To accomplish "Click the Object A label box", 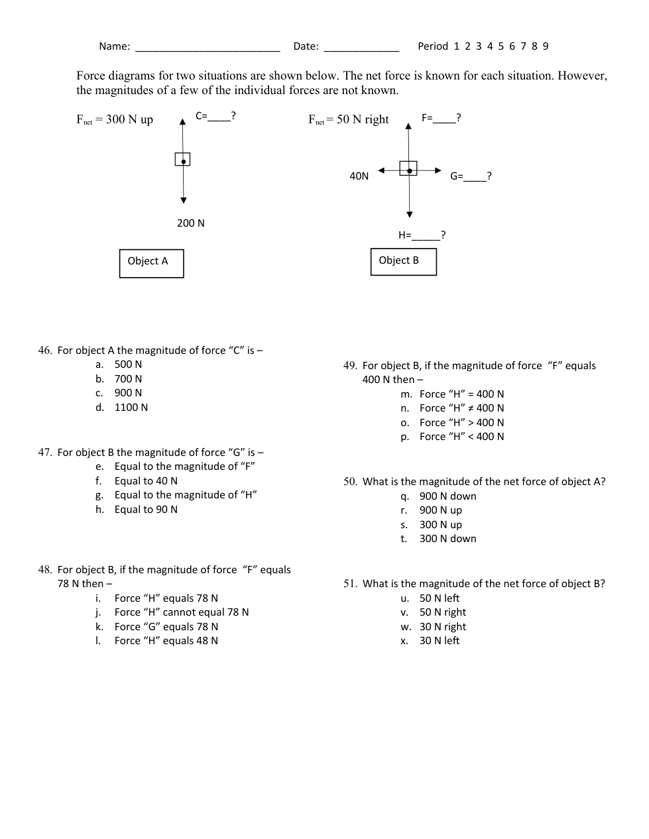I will point(151,263).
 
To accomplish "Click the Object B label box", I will point(403,261).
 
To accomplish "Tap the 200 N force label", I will point(191,223).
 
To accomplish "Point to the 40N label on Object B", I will point(359,176).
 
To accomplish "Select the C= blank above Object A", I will point(219,117).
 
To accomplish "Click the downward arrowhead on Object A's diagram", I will point(184,200).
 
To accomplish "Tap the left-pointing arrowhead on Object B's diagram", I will point(382,170).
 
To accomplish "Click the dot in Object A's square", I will point(182,160).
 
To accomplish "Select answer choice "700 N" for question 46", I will point(128,379).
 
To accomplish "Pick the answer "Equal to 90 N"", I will point(146,510).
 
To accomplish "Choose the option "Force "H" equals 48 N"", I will point(166,641).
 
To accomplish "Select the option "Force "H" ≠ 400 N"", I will point(461,408).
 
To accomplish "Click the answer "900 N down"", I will point(447,496).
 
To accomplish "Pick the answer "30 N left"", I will point(439,641).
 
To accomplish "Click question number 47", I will point(45,453).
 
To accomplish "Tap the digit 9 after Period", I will point(546,46).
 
